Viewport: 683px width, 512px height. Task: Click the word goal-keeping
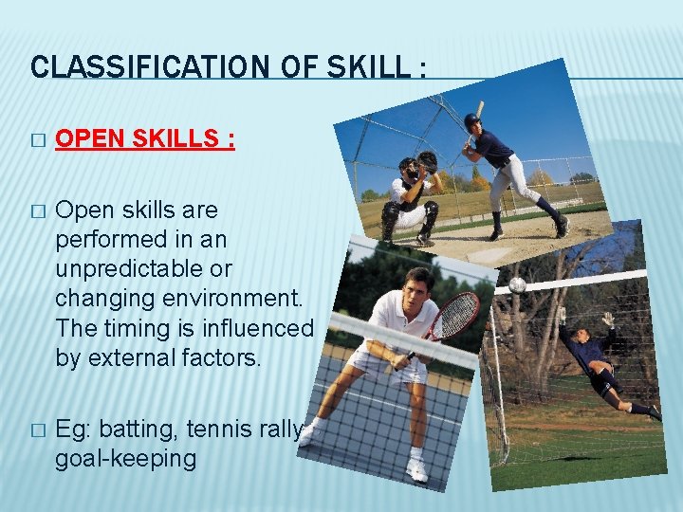pos(125,459)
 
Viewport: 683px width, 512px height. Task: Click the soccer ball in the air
pos(517,284)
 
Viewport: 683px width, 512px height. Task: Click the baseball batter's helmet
pos(472,120)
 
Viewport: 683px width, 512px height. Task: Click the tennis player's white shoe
pos(416,469)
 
